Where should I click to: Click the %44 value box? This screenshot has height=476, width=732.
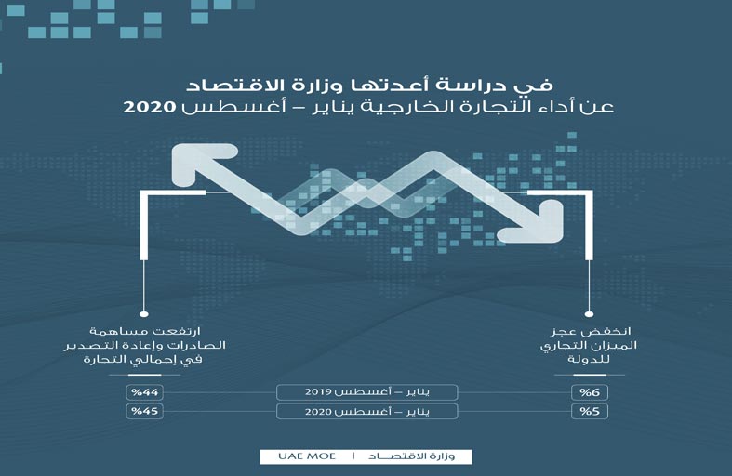click(x=145, y=392)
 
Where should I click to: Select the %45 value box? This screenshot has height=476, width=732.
click(x=145, y=412)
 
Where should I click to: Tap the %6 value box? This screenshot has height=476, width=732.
click(x=590, y=392)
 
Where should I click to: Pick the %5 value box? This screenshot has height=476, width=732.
click(x=590, y=412)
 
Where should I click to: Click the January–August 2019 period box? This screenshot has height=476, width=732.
click(x=367, y=392)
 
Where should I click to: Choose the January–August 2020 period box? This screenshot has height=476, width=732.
click(x=367, y=412)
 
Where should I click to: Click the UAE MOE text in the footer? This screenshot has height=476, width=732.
click(x=307, y=456)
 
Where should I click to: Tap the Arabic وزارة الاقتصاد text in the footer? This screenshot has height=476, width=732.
click(x=411, y=456)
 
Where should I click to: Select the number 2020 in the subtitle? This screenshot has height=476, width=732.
click(x=150, y=107)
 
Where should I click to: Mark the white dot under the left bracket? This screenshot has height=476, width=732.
click(x=144, y=314)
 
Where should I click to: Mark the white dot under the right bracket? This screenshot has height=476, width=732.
click(x=589, y=314)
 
